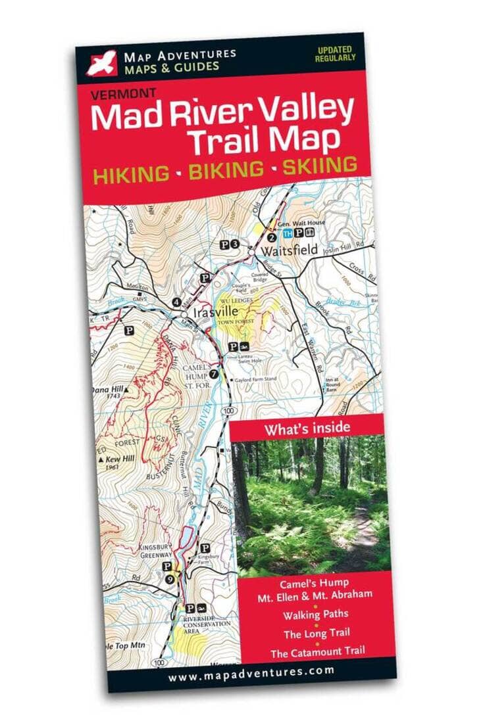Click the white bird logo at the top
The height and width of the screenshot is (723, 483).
click(101, 62)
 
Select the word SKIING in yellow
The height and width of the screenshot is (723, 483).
click(320, 165)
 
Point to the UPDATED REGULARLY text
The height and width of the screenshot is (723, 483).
click(337, 54)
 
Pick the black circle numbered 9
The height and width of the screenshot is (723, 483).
click(170, 578)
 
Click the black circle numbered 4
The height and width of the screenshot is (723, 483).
click(176, 302)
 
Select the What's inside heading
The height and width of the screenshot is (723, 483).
click(307, 429)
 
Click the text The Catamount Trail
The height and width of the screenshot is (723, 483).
click(318, 652)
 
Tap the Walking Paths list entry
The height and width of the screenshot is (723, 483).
click(317, 615)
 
